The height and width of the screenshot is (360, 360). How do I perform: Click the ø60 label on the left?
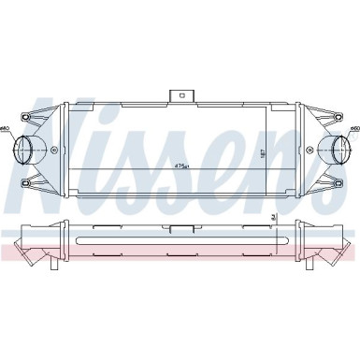click(x=6, y=127)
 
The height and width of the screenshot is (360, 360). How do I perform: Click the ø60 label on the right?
click(x=354, y=127)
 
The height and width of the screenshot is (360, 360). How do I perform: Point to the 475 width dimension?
click(x=180, y=166)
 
